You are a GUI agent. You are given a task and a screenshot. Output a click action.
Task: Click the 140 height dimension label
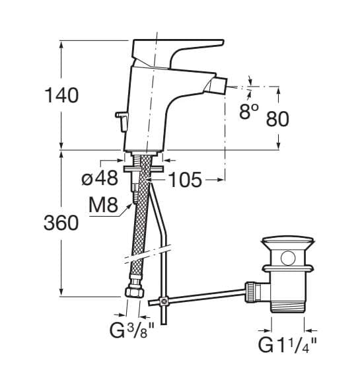point(62,95)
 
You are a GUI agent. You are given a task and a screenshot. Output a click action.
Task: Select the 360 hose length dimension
point(61,223)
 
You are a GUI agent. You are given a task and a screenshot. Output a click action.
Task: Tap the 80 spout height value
point(277,119)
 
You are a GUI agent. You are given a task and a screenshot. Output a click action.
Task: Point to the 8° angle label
point(248,112)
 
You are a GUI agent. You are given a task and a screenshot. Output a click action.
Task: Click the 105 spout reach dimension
point(185,180)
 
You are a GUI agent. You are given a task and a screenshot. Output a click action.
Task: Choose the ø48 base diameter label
point(100,178)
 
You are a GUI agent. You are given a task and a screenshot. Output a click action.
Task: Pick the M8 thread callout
point(103,205)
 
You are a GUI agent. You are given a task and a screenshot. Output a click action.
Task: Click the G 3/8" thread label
point(132,330)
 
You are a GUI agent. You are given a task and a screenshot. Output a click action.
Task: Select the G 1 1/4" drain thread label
point(288,344)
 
